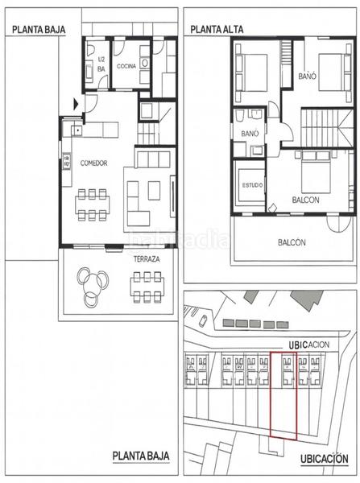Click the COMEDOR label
(x=93, y=163)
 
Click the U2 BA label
(x=101, y=64)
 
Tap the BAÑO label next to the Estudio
(x=249, y=133)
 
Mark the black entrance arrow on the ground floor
(x=76, y=103)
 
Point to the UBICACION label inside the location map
(x=311, y=344)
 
